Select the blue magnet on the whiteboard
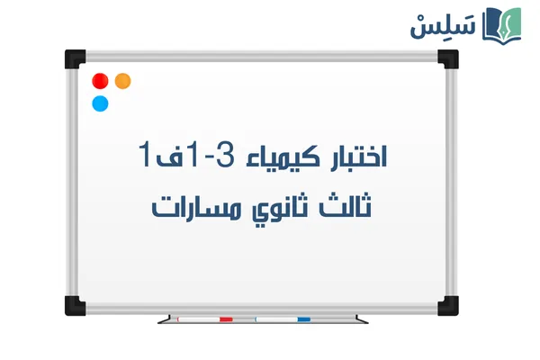click(100, 103)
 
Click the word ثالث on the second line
click(354, 207)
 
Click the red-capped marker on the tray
click(205, 319)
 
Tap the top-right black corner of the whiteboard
click(447, 58)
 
